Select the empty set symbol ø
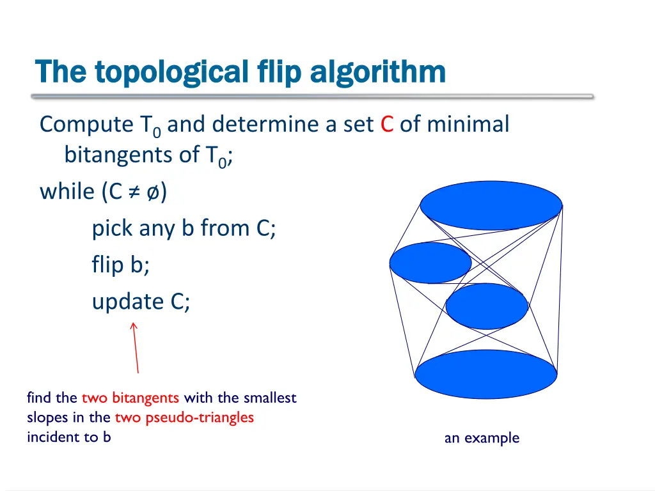coord(154,191)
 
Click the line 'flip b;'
coord(121,264)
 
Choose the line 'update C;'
coord(141,301)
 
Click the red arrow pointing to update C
coord(136,348)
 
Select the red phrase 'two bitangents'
coord(130,398)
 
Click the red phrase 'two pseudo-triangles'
coord(184,417)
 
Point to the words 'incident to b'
coord(68,437)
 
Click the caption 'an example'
coord(482,438)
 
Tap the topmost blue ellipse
coord(491,206)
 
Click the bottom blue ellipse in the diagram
coord(486,374)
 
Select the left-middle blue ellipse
coord(430,263)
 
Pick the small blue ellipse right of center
coord(487,306)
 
